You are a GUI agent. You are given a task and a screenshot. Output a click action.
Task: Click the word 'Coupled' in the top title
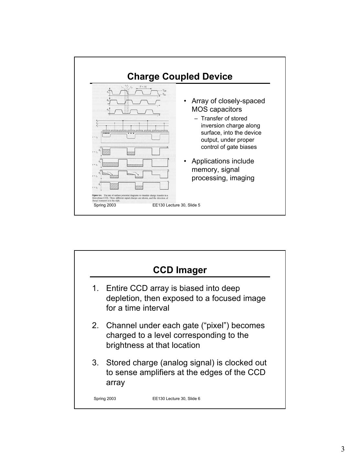tap(180, 77)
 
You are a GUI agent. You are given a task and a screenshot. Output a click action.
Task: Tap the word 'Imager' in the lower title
tap(193, 270)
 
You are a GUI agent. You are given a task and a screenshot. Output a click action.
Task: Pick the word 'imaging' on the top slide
tap(242, 178)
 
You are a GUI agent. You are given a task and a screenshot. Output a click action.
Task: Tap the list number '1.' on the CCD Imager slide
tap(95, 288)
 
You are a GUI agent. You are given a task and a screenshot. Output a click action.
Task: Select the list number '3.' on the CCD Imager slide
tap(95, 363)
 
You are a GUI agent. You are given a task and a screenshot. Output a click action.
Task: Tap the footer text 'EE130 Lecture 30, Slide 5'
tap(176, 205)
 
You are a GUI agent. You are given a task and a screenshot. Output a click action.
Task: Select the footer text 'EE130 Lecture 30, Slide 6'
tap(176, 398)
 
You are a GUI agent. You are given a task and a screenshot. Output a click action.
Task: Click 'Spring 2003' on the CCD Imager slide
tap(105, 398)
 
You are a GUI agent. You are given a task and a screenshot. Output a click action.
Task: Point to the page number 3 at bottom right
tap(343, 449)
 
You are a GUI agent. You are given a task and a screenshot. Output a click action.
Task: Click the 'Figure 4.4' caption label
tap(97, 195)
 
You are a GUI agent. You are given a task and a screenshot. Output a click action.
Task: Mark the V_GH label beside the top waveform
tap(165, 91)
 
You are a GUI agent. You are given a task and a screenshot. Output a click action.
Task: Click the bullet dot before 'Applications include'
tap(185, 161)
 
